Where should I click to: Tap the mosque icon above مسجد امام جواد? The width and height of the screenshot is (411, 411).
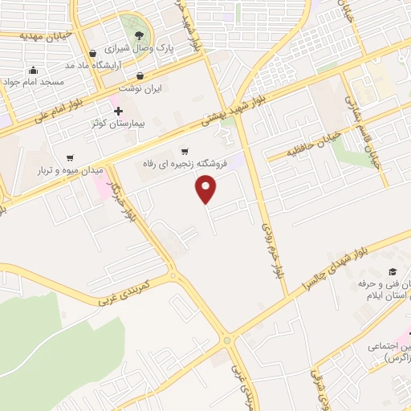click(33, 69)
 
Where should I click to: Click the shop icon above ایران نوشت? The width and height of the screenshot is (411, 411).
click(124, 76)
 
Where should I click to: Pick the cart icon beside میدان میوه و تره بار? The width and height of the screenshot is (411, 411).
click(71, 157)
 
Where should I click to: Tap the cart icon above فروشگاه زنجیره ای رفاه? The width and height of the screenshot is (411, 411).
click(185, 150)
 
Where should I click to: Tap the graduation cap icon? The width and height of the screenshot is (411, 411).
click(392, 272)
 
